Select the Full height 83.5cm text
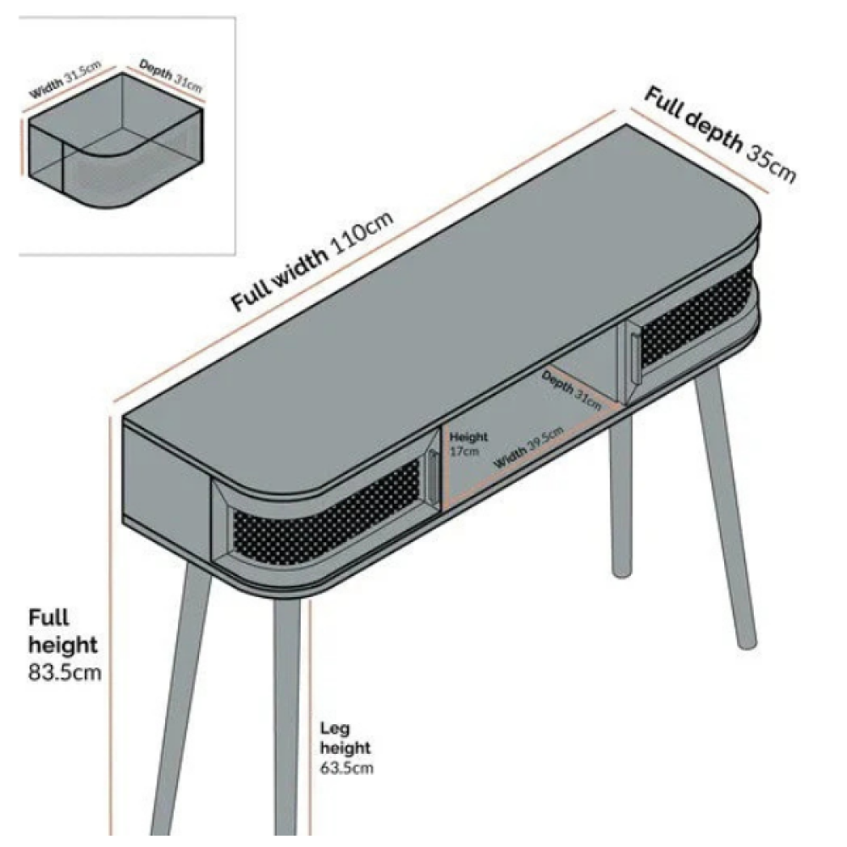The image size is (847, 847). [64, 645]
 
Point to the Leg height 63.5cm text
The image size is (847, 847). [346, 748]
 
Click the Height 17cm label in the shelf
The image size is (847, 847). [468, 444]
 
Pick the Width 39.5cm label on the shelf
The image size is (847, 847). [529, 447]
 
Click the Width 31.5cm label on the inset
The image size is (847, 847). [65, 80]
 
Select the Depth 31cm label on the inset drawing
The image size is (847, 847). [171, 75]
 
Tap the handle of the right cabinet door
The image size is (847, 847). [636, 358]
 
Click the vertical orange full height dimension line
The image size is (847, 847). [111, 627]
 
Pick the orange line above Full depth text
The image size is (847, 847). [700, 151]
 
